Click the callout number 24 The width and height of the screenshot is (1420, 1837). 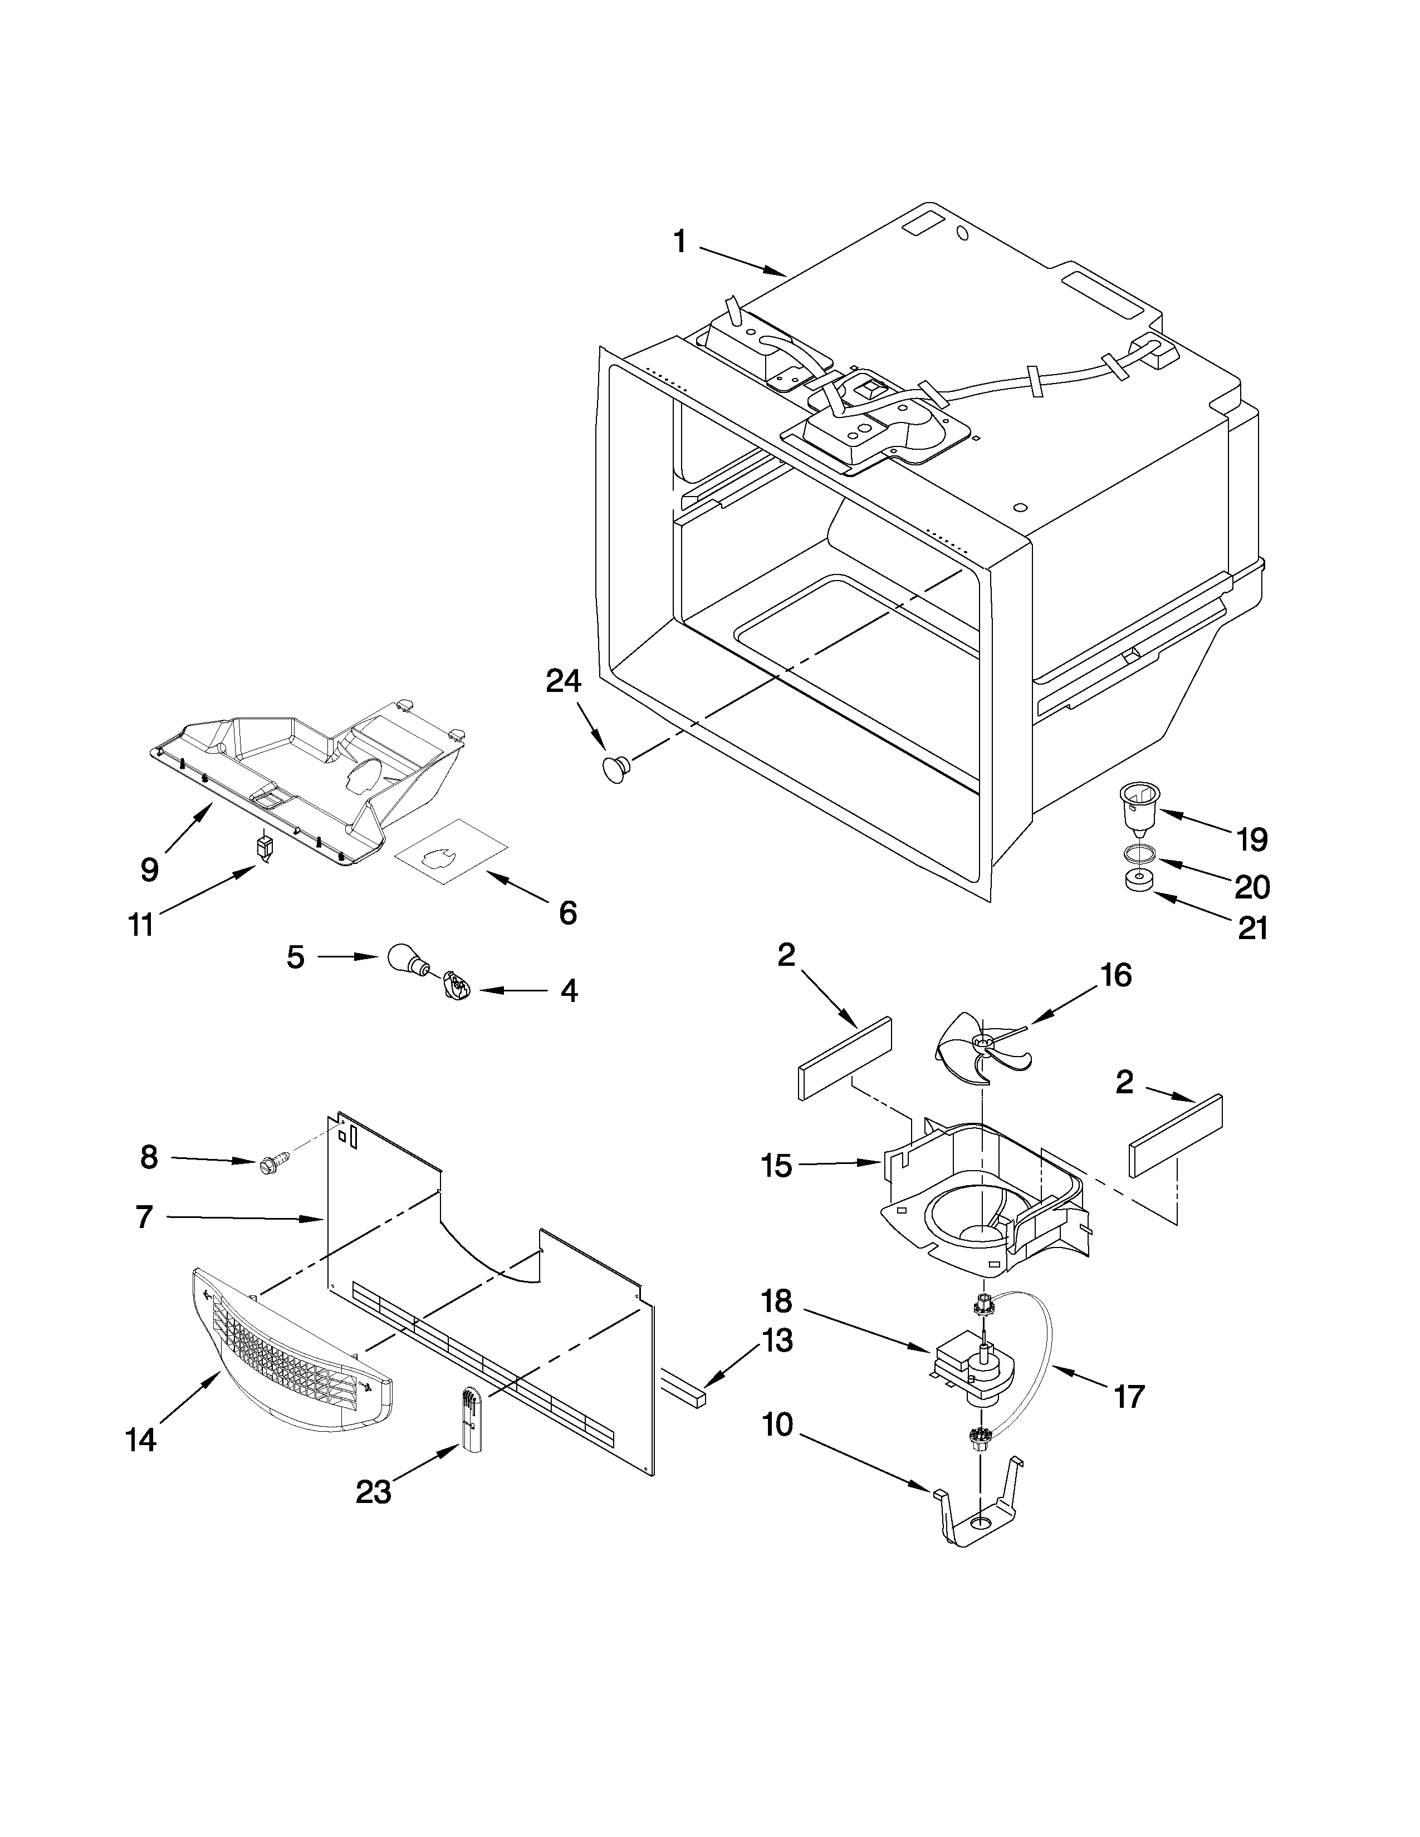pyautogui.click(x=563, y=680)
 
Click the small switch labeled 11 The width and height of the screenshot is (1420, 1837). pyautogui.click(x=265, y=847)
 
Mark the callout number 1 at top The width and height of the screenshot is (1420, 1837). pyautogui.click(x=680, y=242)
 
